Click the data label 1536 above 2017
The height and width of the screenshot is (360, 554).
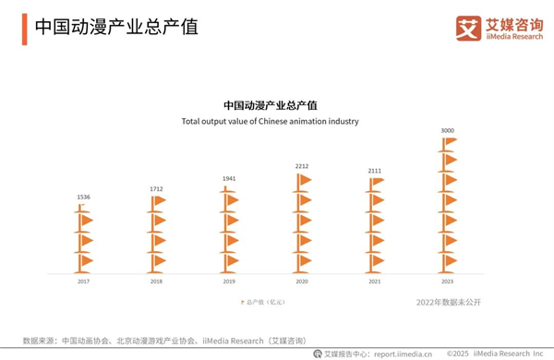click(83, 198)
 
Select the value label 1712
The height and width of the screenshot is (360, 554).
click(156, 189)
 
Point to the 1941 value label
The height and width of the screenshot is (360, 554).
click(229, 179)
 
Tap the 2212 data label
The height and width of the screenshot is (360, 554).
click(302, 167)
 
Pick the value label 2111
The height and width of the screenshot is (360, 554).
click(375, 171)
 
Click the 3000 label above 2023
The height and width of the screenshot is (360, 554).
click(448, 131)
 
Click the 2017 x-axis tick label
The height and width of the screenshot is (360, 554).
click(83, 281)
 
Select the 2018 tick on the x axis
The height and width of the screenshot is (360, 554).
click(156, 281)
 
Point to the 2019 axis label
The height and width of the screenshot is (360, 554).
click(229, 281)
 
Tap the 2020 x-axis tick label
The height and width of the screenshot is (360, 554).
click(302, 281)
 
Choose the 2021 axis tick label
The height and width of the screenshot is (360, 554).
click(375, 281)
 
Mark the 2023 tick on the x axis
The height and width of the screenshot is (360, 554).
click(448, 281)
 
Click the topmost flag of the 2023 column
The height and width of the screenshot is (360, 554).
click(450, 142)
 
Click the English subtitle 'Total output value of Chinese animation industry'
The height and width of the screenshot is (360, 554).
click(270, 121)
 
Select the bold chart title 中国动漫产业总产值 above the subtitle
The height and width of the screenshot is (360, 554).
click(270, 105)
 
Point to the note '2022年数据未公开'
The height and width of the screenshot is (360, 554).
click(449, 302)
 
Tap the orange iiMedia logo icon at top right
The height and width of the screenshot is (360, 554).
click(470, 27)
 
